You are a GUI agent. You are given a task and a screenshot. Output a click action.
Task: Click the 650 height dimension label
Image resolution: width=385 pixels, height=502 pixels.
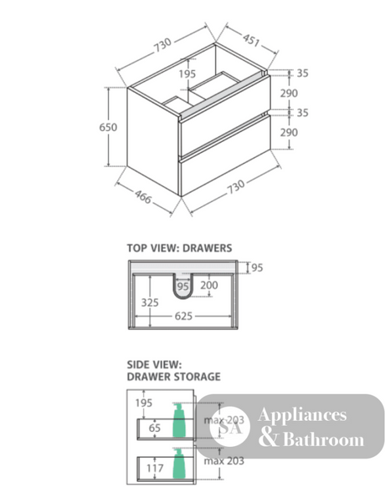[108, 127]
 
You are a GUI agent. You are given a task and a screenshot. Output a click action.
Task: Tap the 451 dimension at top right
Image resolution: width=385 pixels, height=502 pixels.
[251, 40]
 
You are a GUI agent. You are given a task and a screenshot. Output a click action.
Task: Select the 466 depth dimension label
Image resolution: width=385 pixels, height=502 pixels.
[143, 197]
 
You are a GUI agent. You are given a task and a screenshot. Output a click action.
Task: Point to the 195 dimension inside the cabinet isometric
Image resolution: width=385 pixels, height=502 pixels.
[187, 74]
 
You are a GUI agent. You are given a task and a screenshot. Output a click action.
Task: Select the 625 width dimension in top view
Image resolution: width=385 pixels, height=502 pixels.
[183, 317]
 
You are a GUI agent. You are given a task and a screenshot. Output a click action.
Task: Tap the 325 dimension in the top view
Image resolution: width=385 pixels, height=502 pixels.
[150, 302]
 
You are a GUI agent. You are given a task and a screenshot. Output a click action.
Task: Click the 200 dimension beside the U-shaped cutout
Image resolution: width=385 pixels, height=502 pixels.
[209, 285]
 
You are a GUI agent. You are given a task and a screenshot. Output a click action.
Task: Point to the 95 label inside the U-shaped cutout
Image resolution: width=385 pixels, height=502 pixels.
[182, 286]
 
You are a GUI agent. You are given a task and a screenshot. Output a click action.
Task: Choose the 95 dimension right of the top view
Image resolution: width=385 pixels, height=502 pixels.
[257, 267]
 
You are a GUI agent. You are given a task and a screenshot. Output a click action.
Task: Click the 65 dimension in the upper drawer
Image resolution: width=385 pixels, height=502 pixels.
[155, 428]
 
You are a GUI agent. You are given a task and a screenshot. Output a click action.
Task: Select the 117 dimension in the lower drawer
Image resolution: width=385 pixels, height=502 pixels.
[155, 469]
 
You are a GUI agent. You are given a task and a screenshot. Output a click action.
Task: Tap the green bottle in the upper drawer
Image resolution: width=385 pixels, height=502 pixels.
[179, 420]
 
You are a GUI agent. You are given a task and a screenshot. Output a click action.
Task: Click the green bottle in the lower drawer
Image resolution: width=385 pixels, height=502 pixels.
[179, 464]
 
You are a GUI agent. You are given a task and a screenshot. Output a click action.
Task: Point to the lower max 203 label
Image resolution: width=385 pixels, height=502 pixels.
[224, 461]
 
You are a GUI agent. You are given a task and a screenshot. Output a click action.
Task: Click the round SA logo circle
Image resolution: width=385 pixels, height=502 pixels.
[229, 427]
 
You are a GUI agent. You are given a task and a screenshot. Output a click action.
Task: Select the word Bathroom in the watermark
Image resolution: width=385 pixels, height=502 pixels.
[323, 439]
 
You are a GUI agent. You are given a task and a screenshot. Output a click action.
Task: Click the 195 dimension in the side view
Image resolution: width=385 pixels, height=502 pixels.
[144, 403]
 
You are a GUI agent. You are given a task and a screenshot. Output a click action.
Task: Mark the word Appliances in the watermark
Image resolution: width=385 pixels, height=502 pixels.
[302, 415]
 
